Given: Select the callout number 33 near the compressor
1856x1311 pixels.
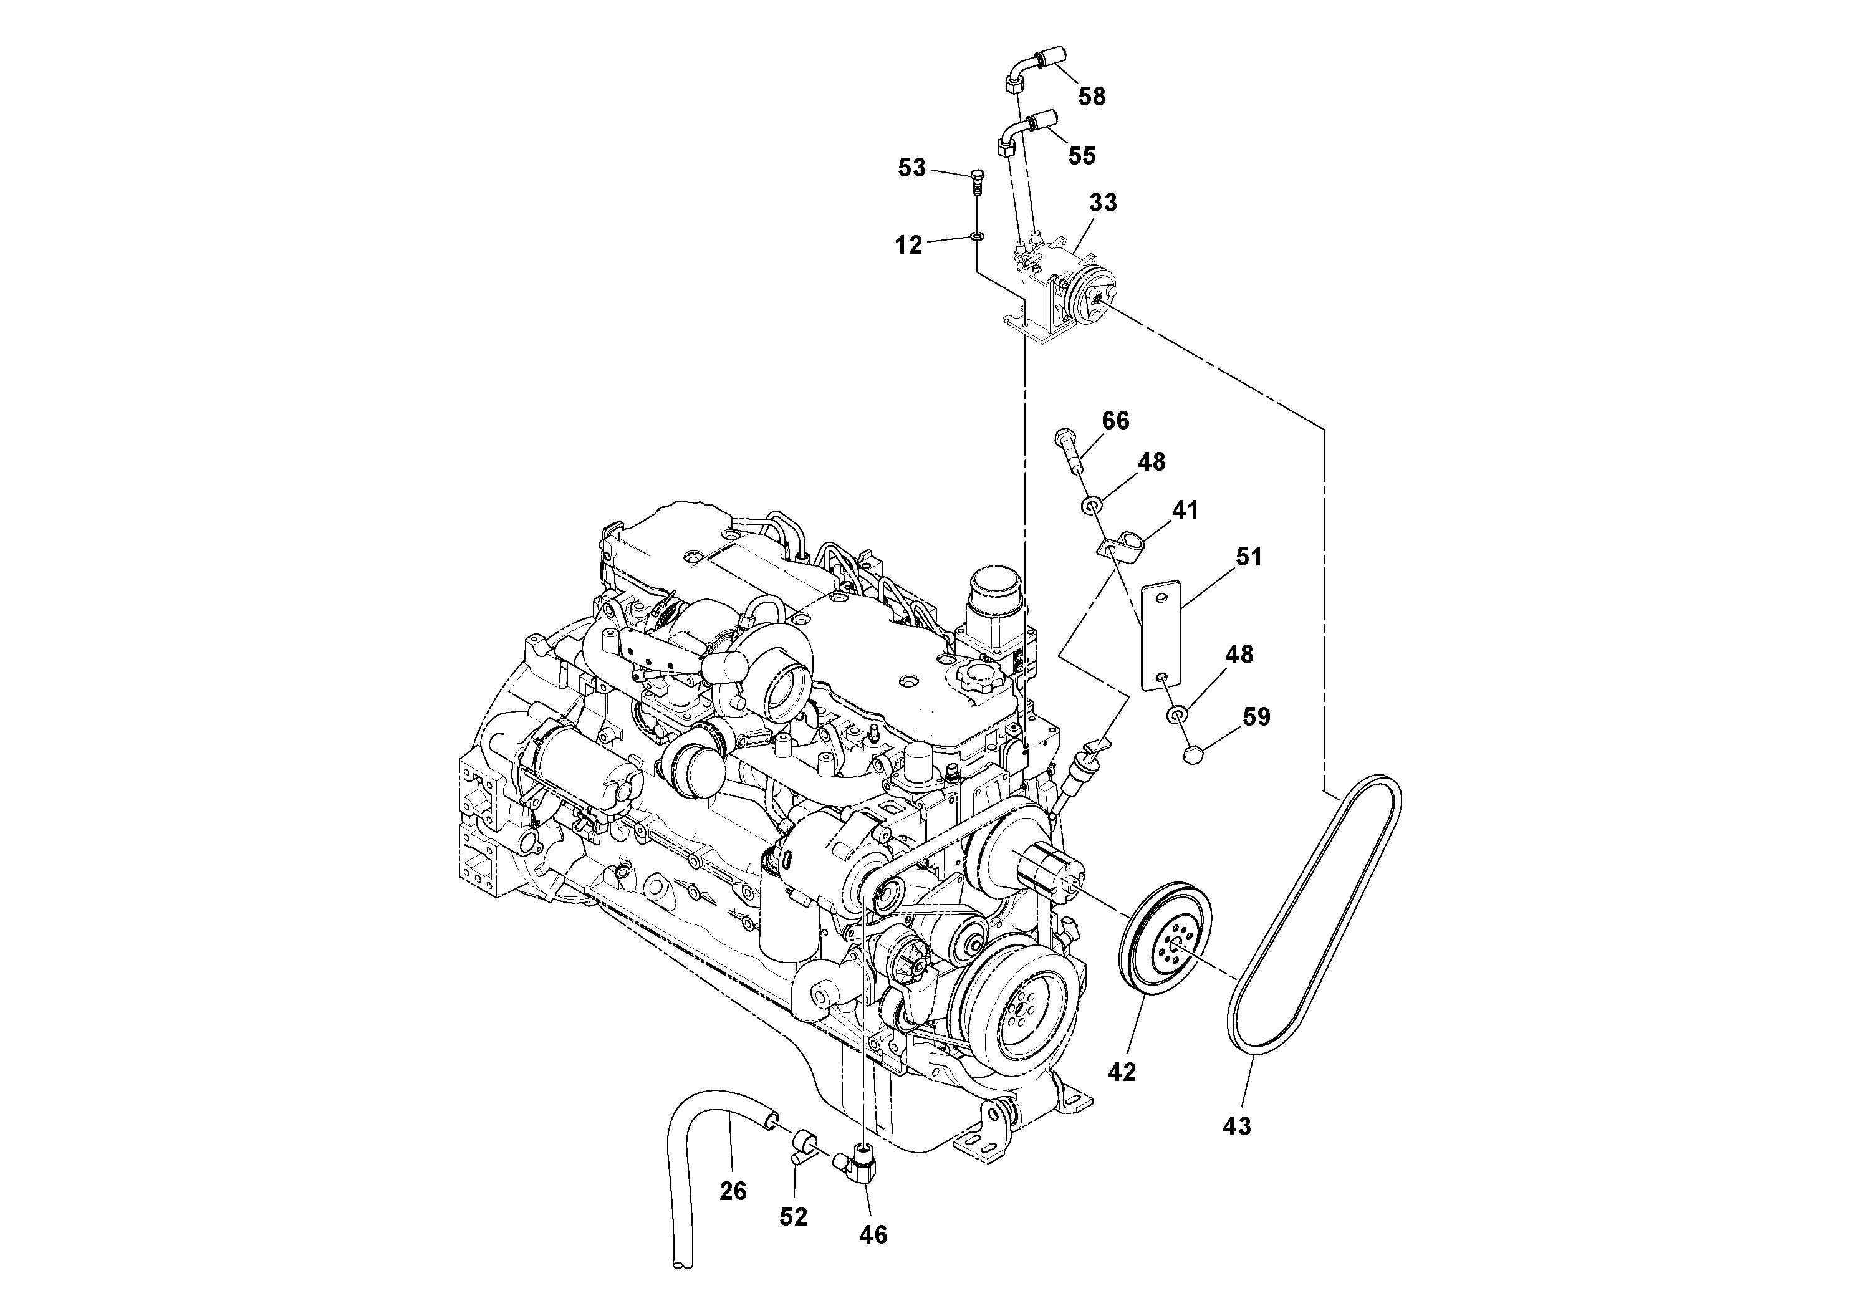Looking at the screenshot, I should pos(1103,202).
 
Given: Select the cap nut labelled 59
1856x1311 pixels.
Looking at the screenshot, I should pos(1194,755).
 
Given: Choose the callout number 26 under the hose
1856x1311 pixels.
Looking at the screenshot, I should pos(733,1191).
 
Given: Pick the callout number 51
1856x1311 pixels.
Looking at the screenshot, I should pos(1248,557).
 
